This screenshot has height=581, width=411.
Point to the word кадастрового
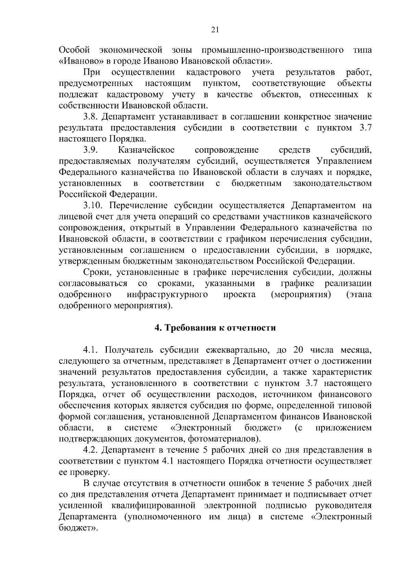[213, 73]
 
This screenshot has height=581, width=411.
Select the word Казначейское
[146, 150]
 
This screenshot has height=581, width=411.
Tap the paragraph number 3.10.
[93, 206]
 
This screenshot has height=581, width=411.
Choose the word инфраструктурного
[167, 295]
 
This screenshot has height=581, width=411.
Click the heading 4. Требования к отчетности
[215, 328]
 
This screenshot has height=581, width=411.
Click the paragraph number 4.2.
[91, 450]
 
